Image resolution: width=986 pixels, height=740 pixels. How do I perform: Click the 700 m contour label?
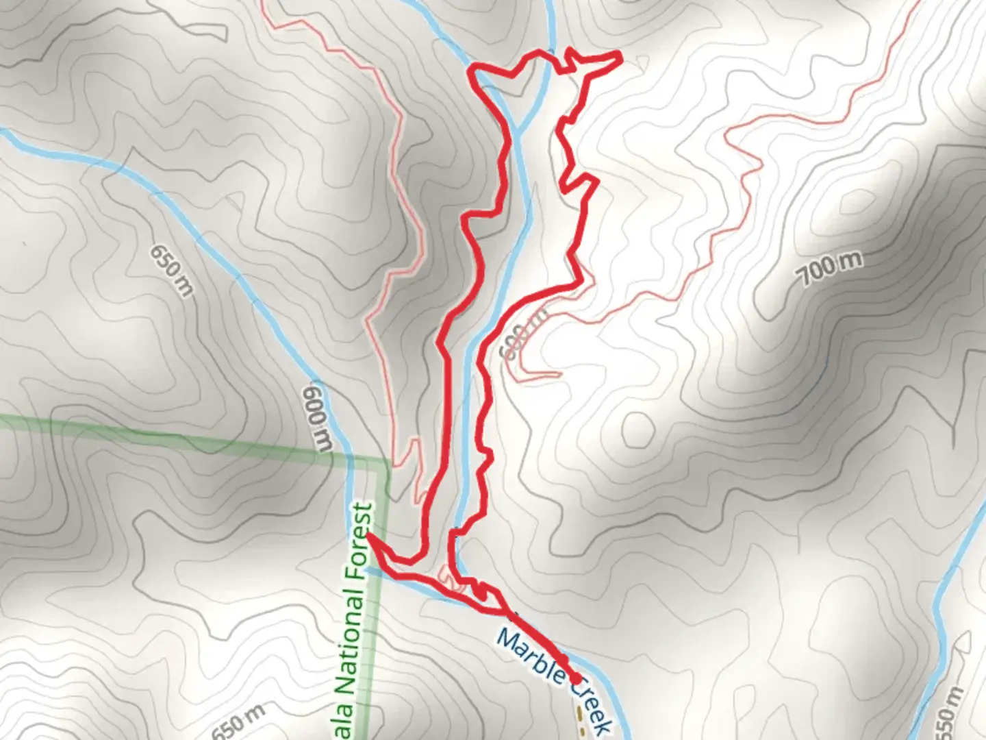(x=829, y=268)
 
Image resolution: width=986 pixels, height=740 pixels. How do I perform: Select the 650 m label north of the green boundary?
(x=171, y=270)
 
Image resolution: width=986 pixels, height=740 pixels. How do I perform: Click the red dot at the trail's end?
(x=576, y=678)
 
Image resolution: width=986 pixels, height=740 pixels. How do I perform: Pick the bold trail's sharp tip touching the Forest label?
(x=370, y=538)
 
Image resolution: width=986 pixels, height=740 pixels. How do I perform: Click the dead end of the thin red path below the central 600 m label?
(x=560, y=374)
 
